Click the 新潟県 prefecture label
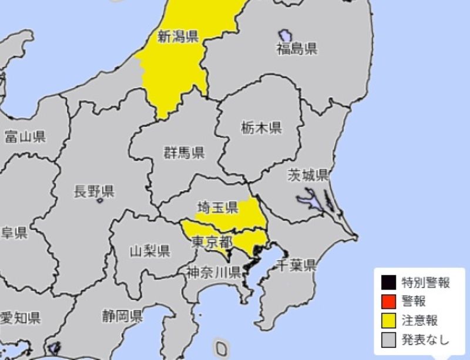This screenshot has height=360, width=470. pyautogui.click(x=177, y=38)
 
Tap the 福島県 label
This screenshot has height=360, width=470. pyautogui.click(x=297, y=49)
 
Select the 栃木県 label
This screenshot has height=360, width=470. pyautogui.click(x=261, y=127)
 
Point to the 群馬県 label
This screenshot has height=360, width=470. pyautogui.click(x=184, y=154)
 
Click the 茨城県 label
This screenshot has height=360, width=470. pyautogui.click(x=307, y=175)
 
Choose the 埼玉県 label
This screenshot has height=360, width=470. pyautogui.click(x=217, y=206)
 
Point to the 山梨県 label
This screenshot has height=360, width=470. pyautogui.click(x=150, y=252)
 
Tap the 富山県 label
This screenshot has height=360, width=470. pyautogui.click(x=25, y=137)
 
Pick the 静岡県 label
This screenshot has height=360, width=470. pyautogui.click(x=122, y=317)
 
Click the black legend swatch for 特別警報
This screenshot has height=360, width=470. pyautogui.click(x=388, y=283)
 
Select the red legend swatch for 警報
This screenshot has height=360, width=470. pyautogui.click(x=388, y=301)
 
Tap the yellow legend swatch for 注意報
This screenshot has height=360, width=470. pyautogui.click(x=388, y=320)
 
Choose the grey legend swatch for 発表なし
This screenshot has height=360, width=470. pyautogui.click(x=388, y=339)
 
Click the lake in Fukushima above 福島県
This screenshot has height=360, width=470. pyautogui.click(x=286, y=36)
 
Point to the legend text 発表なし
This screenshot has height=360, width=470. pyautogui.click(x=425, y=339)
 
